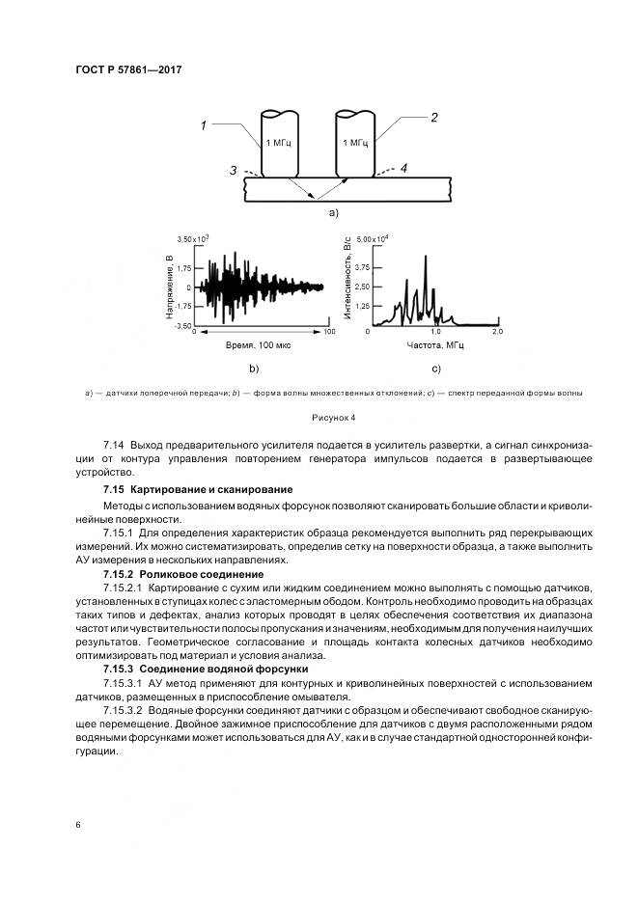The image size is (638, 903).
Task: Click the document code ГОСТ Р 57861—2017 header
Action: (x=128, y=69)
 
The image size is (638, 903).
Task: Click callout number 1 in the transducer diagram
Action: (x=205, y=124)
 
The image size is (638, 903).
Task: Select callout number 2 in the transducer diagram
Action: (x=433, y=118)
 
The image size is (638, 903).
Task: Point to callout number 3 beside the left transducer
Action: (x=234, y=171)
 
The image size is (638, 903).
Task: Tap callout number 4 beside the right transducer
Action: (x=403, y=168)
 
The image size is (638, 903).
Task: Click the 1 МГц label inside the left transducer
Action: (x=278, y=142)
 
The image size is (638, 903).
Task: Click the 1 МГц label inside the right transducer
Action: (x=354, y=142)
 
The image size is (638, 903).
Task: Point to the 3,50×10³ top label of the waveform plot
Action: (x=193, y=238)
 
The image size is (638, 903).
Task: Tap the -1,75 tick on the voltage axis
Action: (x=184, y=307)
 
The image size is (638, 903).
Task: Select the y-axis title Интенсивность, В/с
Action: (x=347, y=280)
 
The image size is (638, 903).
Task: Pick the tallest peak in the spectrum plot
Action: (x=425, y=257)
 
